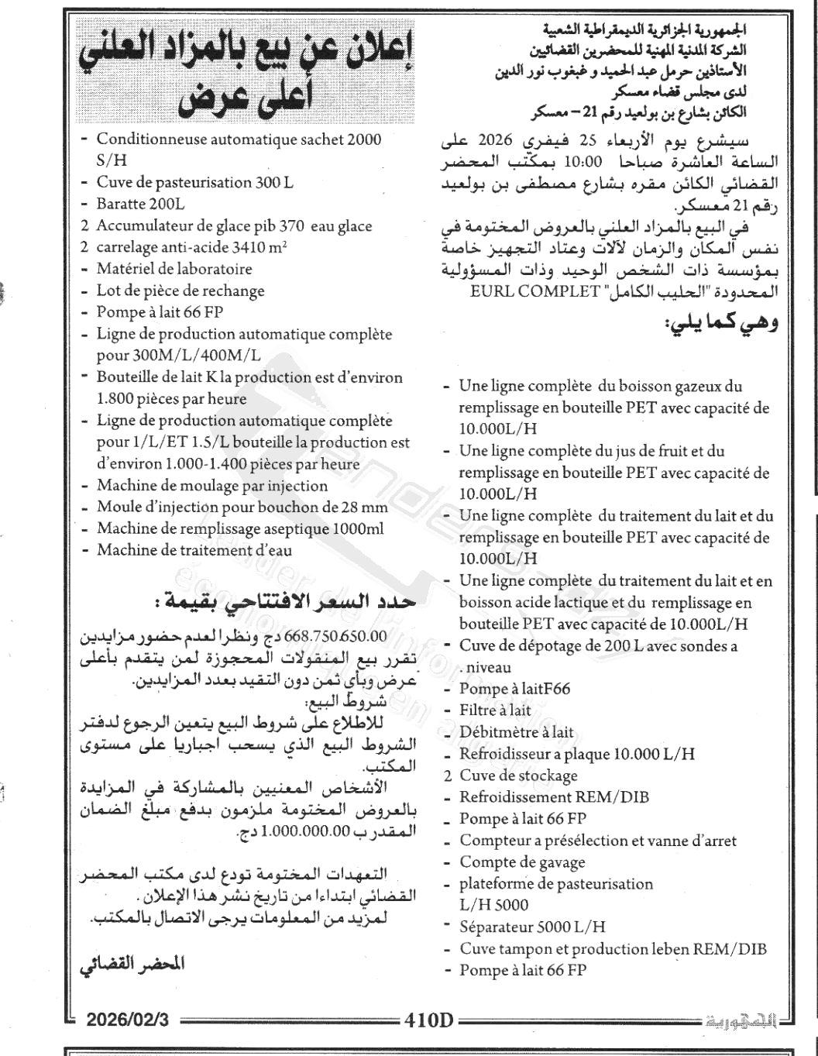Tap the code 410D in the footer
(428, 1019)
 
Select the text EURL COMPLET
(535, 293)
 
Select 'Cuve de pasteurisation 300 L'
(194, 183)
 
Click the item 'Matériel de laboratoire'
(174, 269)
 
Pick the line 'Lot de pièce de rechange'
(180, 291)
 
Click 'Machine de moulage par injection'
(211, 486)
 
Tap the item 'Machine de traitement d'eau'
(194, 551)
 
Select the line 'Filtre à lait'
(495, 710)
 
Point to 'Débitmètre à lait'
(516, 731)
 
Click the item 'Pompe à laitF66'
(514, 688)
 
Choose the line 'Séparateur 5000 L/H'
(532, 927)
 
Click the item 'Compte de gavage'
(522, 862)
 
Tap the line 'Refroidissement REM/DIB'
(554, 796)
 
